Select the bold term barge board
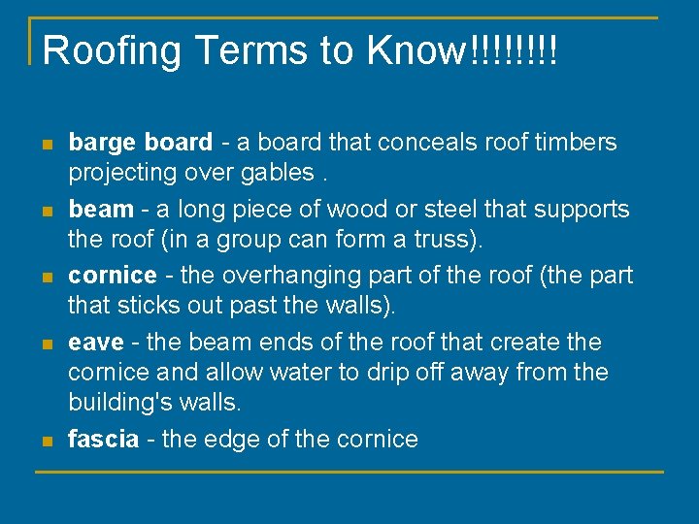coord(140,143)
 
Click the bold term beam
coord(101,209)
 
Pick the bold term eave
coord(96,343)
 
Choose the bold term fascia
coord(103,440)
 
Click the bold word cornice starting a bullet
coord(112,276)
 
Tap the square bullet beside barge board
coord(46,144)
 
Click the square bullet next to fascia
coord(46,441)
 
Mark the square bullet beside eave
coord(46,344)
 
